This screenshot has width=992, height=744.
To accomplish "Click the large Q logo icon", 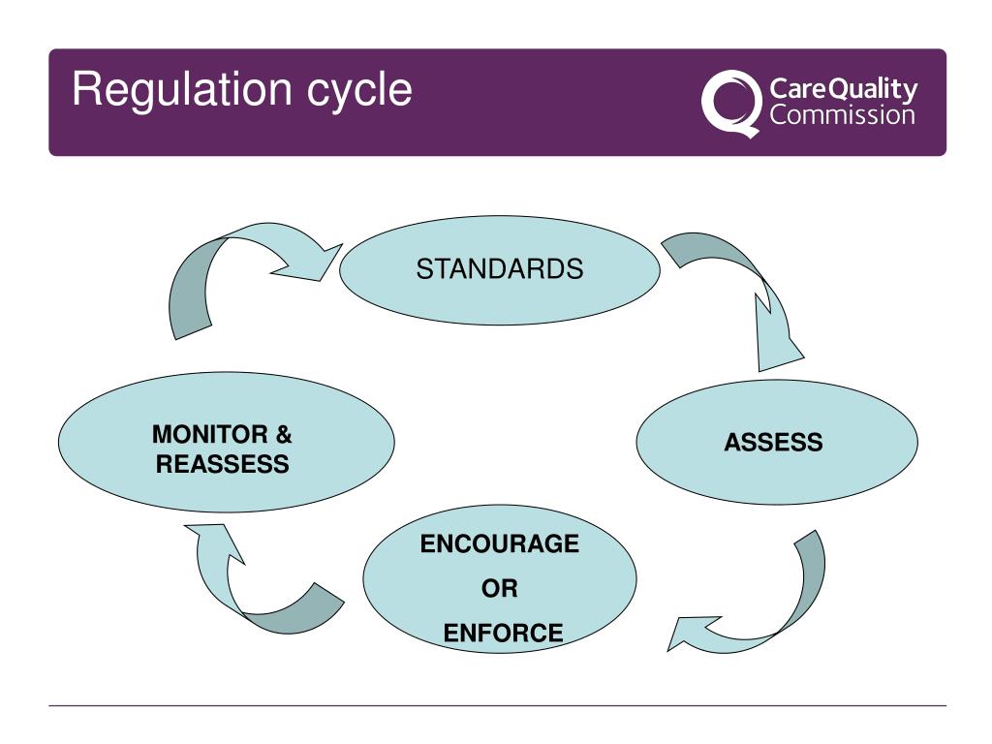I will click(x=729, y=103).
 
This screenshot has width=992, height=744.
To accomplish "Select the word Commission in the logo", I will click(x=843, y=116).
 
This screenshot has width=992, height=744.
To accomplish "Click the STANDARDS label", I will click(x=500, y=269).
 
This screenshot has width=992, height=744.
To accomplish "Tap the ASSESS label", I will click(x=773, y=443).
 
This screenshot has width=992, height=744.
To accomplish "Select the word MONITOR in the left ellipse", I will click(x=206, y=435).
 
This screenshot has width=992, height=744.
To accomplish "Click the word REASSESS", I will click(x=223, y=465).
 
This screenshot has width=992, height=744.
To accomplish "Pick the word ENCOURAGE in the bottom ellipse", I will click(x=499, y=544).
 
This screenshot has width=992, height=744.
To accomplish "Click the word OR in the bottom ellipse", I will click(x=500, y=588).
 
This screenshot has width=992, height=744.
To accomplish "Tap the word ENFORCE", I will click(x=503, y=634).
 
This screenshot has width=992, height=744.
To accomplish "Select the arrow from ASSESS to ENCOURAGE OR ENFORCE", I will click(x=765, y=610).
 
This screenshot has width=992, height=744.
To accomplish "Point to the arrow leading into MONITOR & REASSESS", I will click(x=252, y=591).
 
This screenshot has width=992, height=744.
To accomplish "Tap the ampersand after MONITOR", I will click(x=283, y=435).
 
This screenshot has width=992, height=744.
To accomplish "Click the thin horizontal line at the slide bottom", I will click(x=497, y=705).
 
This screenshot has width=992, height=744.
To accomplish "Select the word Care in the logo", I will click(x=794, y=90).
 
